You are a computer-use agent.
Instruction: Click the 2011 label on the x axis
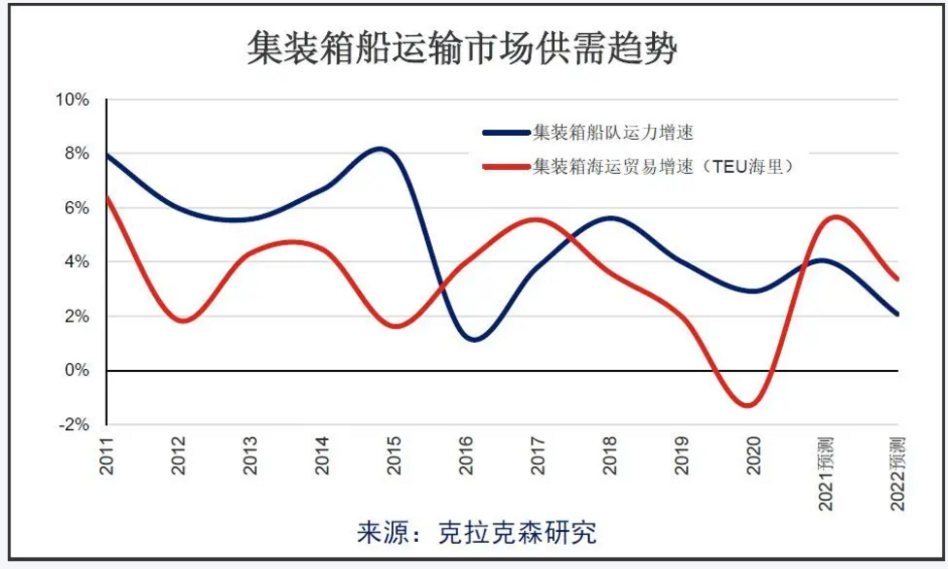[x=107, y=454]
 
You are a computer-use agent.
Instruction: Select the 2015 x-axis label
[x=394, y=454]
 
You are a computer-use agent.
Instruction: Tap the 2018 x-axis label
[x=609, y=454]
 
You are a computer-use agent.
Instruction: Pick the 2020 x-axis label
[x=753, y=454]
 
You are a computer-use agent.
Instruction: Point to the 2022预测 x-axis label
[x=897, y=473]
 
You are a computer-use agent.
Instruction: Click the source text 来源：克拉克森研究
[x=476, y=532]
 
